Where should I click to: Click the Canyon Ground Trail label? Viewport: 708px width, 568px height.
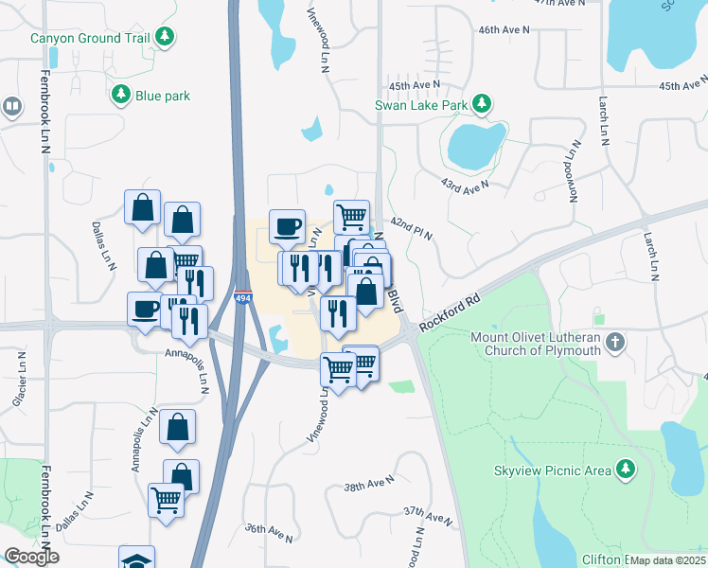(x=92, y=38)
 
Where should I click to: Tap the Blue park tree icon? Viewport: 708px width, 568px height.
(x=120, y=95)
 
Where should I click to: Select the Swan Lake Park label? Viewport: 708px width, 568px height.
(x=421, y=104)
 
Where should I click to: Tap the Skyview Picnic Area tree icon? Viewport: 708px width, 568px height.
(x=624, y=469)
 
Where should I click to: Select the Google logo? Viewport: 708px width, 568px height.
(x=31, y=557)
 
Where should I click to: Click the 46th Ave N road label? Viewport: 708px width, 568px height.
(x=502, y=29)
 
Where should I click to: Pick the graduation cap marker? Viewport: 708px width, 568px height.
(x=136, y=559)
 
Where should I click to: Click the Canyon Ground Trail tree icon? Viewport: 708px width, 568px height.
(x=166, y=37)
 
